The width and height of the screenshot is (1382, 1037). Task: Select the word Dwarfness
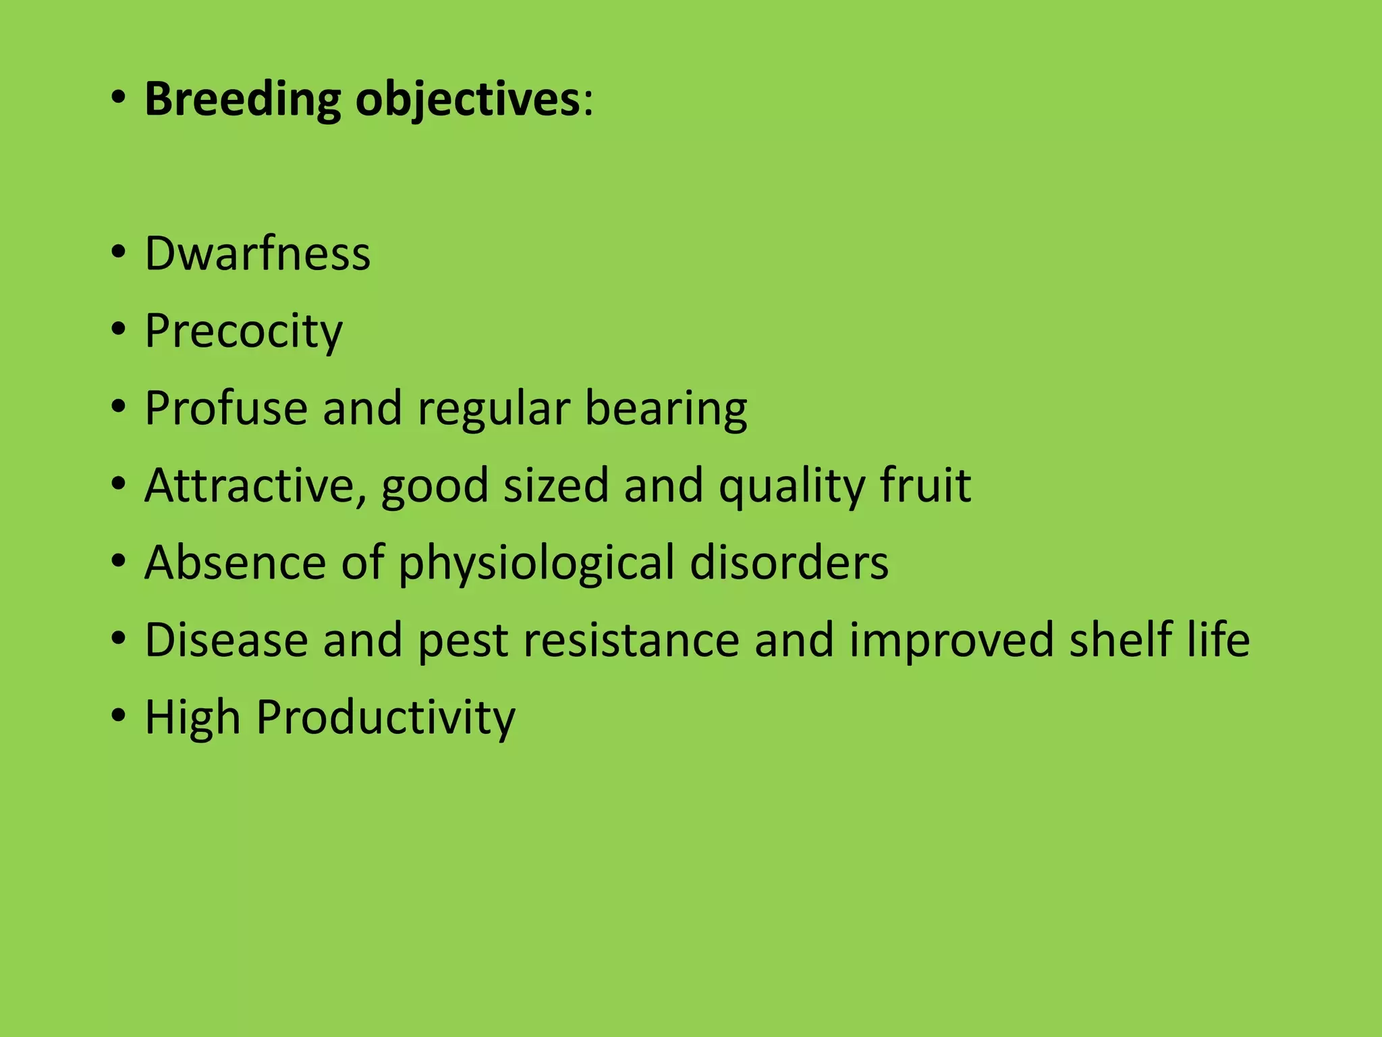point(258,253)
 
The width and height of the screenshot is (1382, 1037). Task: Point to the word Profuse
point(227,408)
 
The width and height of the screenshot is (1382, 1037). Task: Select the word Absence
point(236,562)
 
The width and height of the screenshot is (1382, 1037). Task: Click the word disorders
point(789,562)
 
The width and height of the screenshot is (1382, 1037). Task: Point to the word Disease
point(227,640)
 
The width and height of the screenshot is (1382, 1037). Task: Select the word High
point(193,717)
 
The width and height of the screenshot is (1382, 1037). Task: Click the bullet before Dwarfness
point(119,253)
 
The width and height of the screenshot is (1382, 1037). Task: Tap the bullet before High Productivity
point(119,716)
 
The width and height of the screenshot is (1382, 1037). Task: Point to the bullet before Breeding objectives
point(119,99)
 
